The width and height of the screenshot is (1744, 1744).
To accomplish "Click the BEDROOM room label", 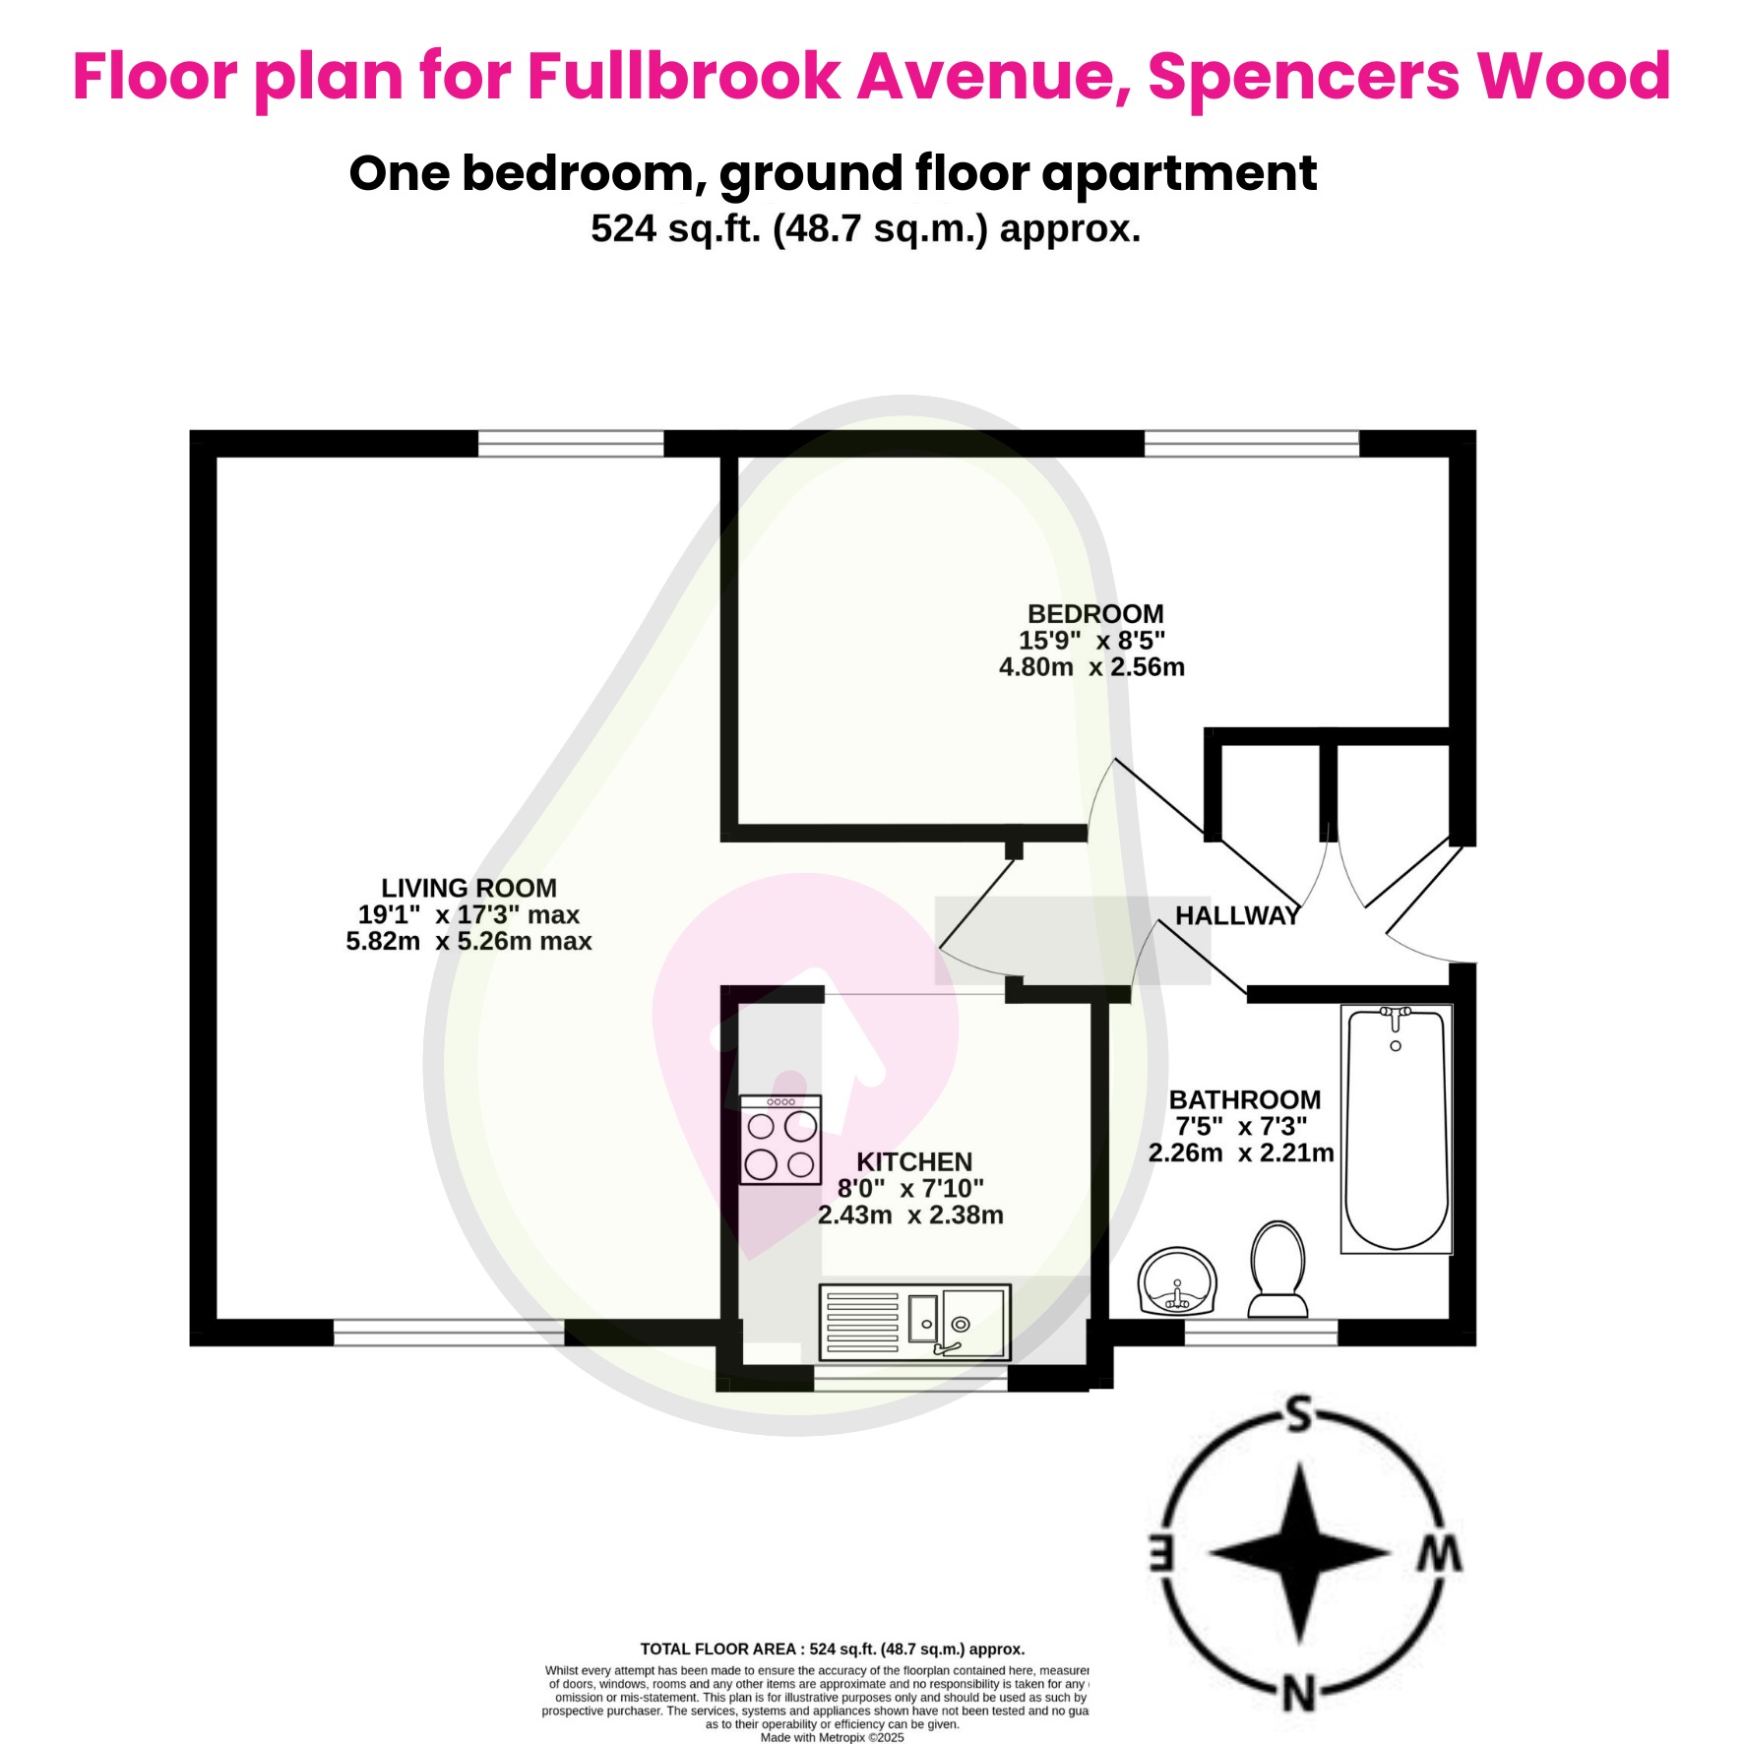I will point(1094,614).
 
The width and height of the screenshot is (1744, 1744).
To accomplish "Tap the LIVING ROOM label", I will point(468,888).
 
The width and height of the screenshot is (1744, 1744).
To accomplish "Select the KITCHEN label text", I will point(913,1161).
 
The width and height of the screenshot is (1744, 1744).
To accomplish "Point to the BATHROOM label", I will point(1244,1099).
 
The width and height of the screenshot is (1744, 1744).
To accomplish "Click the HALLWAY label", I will point(1237,915).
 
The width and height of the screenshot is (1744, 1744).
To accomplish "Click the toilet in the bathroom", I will point(1277,1269).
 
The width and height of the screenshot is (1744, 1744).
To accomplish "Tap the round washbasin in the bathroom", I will point(1177,1281).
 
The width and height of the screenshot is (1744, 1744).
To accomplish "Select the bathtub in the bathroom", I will point(1396,1128).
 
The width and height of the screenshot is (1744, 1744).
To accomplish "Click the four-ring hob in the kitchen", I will point(780,1140).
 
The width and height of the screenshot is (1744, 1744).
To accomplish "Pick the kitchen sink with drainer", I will point(914,1322).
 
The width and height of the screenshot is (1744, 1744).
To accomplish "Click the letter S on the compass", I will point(1299,1414).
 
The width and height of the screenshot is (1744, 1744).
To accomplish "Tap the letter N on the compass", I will point(1299,1695).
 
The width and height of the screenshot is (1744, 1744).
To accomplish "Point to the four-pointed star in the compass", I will point(1299,1553).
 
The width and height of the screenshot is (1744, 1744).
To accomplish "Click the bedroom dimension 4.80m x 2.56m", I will point(1091,667).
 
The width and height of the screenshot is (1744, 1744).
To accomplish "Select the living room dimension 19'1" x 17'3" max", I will point(468,914).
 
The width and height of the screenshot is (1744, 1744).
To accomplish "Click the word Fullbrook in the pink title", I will point(684,76).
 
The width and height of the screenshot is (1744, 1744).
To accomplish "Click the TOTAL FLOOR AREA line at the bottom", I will point(833,1649).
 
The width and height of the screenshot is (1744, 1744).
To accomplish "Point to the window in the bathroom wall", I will point(1260,1333).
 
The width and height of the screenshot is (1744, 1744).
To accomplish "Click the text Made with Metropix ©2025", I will point(832,1737).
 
